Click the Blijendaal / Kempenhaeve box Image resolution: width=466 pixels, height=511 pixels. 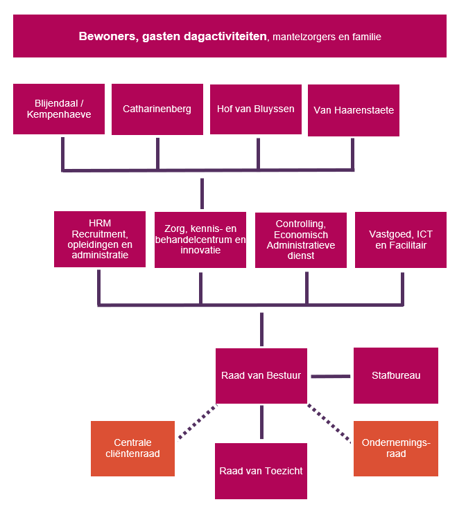point(59,109)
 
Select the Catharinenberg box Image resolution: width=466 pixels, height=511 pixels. point(157,109)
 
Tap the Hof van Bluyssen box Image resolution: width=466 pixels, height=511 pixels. point(256,109)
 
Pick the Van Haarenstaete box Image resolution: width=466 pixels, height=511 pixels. point(354,110)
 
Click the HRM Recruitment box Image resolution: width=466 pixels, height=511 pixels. point(100,239)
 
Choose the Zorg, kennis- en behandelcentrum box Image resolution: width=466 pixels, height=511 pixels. point(200,240)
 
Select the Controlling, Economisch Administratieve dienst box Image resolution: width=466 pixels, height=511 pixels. point(301,240)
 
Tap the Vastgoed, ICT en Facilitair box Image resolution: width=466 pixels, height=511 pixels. point(401,240)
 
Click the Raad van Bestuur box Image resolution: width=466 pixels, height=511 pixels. point(261,375)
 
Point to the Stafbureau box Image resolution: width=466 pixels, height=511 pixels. point(396,375)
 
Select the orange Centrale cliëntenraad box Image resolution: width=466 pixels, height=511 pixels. point(132,448)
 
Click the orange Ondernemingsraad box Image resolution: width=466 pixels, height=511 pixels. point(396,448)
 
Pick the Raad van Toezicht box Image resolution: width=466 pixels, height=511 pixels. point(261,471)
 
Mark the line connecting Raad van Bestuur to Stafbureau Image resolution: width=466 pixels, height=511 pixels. point(331,376)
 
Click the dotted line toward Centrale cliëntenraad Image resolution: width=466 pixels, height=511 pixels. point(198,422)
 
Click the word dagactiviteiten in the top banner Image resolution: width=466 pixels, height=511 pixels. point(227,36)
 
